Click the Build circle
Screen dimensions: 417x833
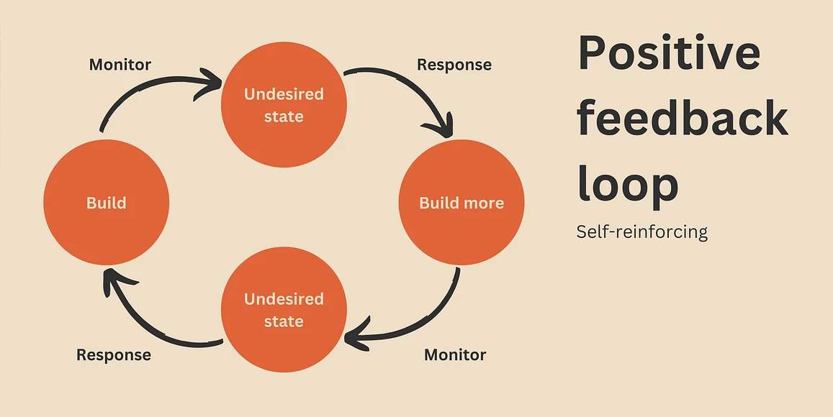[x=106, y=203]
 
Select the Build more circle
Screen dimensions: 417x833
[x=461, y=203]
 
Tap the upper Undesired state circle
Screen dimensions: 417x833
[x=284, y=105]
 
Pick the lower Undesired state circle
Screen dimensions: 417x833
[x=284, y=310]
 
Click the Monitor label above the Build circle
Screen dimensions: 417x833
[x=120, y=65]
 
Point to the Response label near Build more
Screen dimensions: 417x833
[x=454, y=65]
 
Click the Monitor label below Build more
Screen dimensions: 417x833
[x=455, y=355]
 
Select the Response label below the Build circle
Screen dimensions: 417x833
[x=114, y=355]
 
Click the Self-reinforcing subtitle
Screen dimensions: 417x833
[x=641, y=232]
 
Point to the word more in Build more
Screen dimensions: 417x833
[x=483, y=203]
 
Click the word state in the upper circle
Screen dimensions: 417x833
[x=284, y=116]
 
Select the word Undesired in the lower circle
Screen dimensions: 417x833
[x=284, y=299]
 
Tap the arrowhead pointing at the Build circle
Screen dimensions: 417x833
[x=109, y=280]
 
